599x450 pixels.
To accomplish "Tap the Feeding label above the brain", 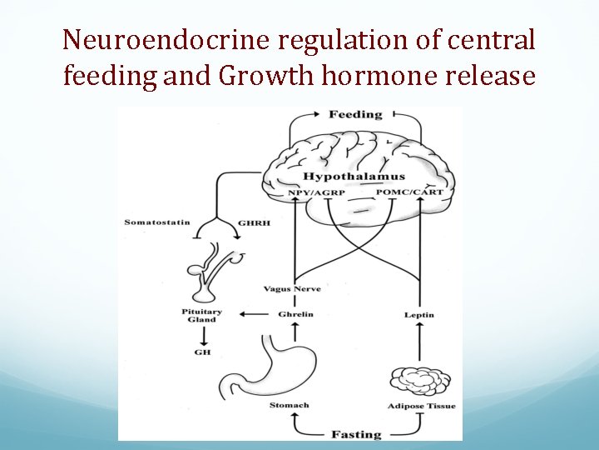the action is pos(355,114).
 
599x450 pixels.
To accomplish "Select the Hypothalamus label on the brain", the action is pos(354,177).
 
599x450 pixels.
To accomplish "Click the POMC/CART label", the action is pos(409,192).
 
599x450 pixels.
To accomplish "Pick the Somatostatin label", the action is pos(157,222).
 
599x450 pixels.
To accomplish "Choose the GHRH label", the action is pos(252,222).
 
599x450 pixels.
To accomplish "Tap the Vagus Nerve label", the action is pos(292,289).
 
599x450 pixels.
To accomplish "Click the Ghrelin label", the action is pos(295,314).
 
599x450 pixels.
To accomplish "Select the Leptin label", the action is pos(419,315).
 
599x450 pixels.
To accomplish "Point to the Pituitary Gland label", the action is pos(201,315).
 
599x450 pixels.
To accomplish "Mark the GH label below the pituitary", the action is pos(202,352).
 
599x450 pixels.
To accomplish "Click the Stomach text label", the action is pos(289,405).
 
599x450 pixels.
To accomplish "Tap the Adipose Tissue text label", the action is pos(422,406).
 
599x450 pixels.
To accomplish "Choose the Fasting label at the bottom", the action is pos(356,434).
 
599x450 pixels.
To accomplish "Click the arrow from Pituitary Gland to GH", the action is pos(202,335).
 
